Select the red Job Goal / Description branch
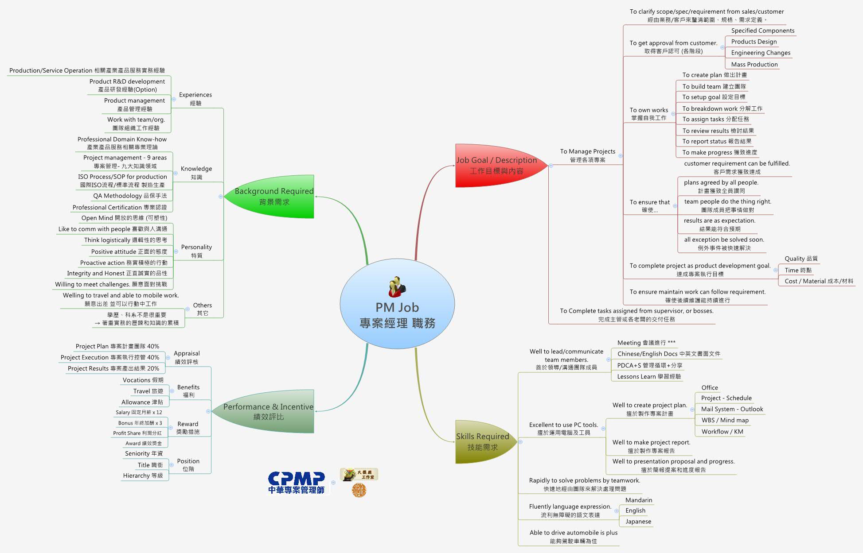(496, 166)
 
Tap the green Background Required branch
(274, 196)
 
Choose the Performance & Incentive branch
(268, 411)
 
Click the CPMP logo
(296, 483)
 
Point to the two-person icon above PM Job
(397, 287)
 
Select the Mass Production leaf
(754, 64)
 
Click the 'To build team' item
(714, 86)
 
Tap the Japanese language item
(638, 521)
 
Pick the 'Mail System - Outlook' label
(732, 409)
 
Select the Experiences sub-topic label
(195, 99)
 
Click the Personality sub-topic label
(196, 251)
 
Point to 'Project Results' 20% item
(113, 368)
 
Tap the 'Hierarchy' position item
(143, 476)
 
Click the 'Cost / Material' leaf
(819, 281)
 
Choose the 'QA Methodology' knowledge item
(130, 196)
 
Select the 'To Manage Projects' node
(587, 155)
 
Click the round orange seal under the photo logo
(359, 490)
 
